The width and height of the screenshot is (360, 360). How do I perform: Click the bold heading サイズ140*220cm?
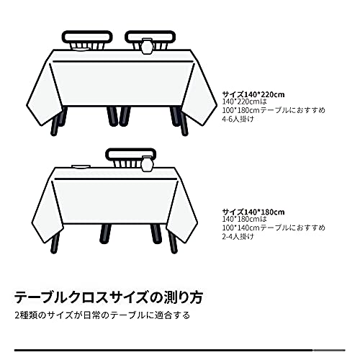(253, 94)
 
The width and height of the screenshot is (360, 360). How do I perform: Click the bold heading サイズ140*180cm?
(253, 212)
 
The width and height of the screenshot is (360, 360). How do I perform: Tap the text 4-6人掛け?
(238, 119)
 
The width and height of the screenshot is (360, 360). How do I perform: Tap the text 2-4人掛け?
(238, 237)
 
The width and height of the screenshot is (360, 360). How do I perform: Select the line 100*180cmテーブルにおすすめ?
(274, 110)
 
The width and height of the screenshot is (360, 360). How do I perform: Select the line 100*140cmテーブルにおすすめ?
(274, 228)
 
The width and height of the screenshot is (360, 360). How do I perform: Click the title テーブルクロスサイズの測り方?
(109, 297)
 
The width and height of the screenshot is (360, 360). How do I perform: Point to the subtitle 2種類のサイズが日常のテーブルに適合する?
(102, 315)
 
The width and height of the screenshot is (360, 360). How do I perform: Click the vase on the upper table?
(147, 46)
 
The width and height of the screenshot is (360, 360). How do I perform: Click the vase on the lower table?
(147, 163)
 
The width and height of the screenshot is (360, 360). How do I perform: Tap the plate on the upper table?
(81, 50)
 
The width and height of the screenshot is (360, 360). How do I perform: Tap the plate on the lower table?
(81, 166)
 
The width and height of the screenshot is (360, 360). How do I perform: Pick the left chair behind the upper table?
(87, 40)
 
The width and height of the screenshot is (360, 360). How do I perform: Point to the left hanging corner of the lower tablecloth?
(45, 243)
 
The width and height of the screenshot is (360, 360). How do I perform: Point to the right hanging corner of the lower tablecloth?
(184, 243)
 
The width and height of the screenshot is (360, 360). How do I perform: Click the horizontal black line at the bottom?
(180, 351)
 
